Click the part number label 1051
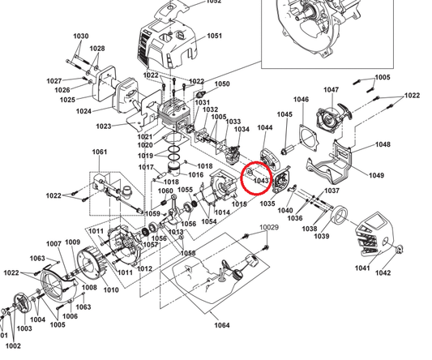point(214,36)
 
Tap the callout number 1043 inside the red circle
point(261,181)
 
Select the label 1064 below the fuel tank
point(222,325)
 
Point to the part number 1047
point(331,90)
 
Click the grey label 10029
point(269,227)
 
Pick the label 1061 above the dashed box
point(100,152)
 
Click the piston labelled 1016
point(176,169)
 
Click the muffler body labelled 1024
point(126,93)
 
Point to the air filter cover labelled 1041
point(374,234)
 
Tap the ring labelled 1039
point(339,214)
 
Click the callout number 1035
point(267,204)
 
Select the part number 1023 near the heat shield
point(104,126)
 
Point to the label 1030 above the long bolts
point(81,36)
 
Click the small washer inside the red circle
point(250,173)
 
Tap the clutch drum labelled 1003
point(22,303)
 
